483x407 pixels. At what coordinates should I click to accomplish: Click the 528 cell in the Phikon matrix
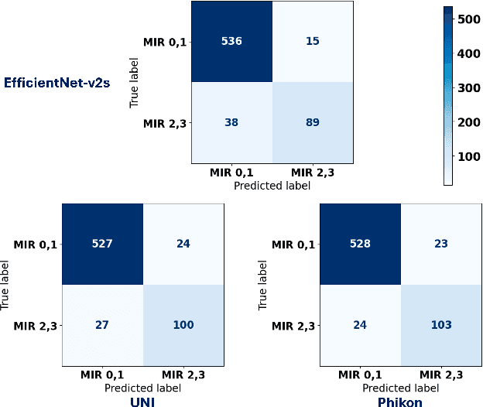(x=360, y=244)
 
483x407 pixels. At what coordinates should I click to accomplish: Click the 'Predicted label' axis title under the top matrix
(x=272, y=186)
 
